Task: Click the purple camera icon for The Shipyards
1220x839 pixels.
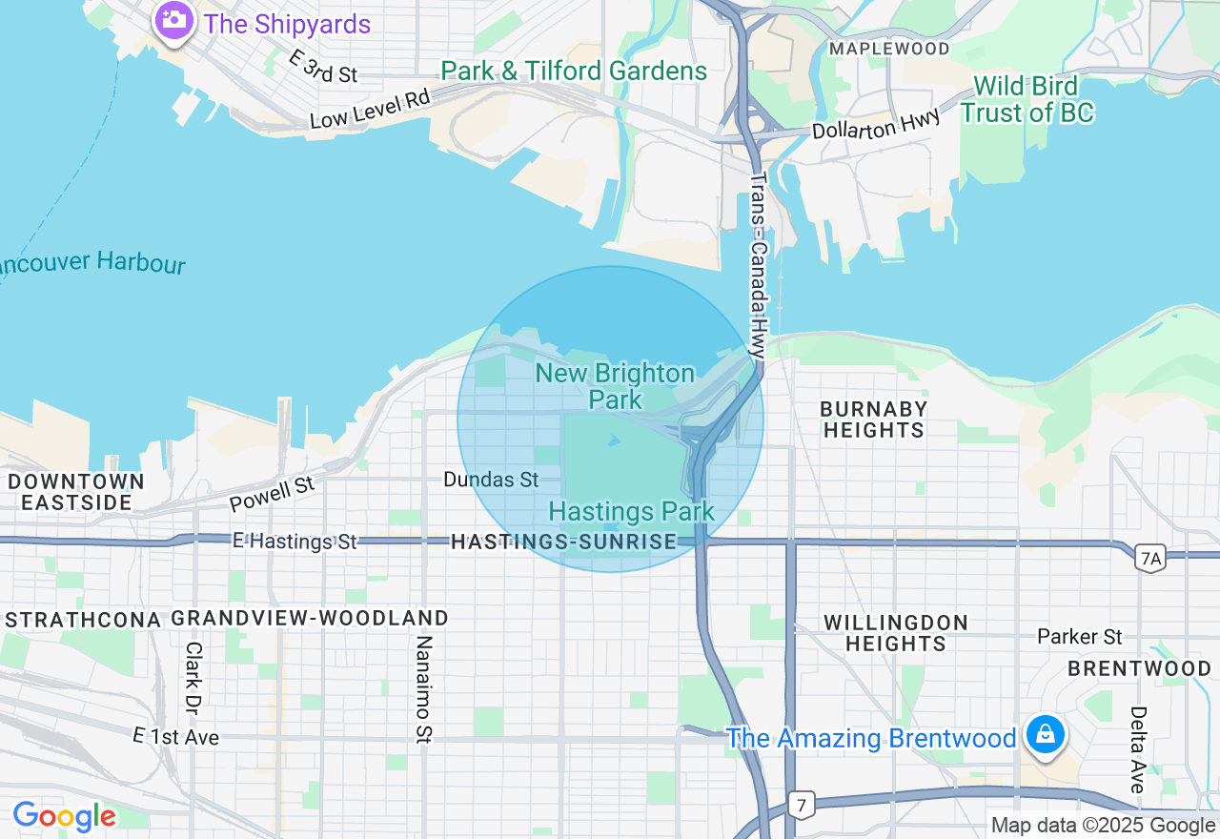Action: click(x=173, y=21)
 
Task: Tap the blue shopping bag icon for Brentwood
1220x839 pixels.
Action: click(x=1046, y=736)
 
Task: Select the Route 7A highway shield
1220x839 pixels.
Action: click(x=1149, y=558)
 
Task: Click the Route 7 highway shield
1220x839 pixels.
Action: click(x=802, y=805)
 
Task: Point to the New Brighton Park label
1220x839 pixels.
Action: click(x=615, y=386)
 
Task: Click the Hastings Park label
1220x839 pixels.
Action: click(x=631, y=512)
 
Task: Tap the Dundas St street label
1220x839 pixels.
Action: click(x=491, y=480)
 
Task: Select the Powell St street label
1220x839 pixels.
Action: click(x=272, y=495)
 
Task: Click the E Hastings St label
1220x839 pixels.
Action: click(x=295, y=542)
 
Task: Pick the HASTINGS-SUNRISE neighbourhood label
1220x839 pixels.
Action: click(x=563, y=542)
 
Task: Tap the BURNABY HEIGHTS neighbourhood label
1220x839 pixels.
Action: click(x=874, y=419)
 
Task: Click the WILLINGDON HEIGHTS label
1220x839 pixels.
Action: click(x=896, y=633)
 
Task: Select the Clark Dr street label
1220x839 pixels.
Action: click(x=193, y=678)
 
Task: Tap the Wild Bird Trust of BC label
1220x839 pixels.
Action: click(x=1027, y=99)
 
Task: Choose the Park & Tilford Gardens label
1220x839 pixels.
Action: click(x=574, y=72)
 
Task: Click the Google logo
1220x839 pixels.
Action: click(x=64, y=816)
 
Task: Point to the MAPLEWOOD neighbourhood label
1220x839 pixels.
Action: click(x=888, y=48)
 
